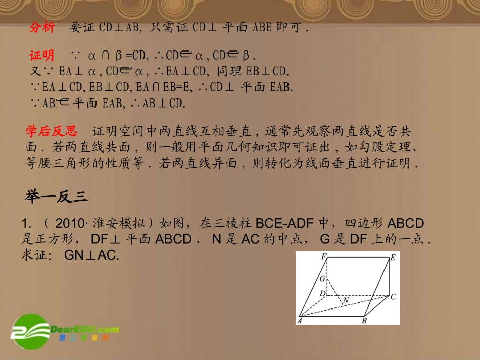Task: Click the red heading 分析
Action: click(42, 28)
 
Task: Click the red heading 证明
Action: click(42, 55)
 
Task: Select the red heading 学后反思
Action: click(52, 132)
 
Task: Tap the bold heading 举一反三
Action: click(57, 197)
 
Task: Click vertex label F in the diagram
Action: click(323, 256)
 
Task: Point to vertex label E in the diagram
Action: click(393, 258)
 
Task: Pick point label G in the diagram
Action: click(322, 278)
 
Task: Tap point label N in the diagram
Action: click(346, 301)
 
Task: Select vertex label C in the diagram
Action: click(393, 297)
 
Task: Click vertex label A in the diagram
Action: click(300, 320)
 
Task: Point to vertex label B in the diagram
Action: click(364, 320)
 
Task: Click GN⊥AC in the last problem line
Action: click(91, 255)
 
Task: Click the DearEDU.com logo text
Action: click(84, 330)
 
